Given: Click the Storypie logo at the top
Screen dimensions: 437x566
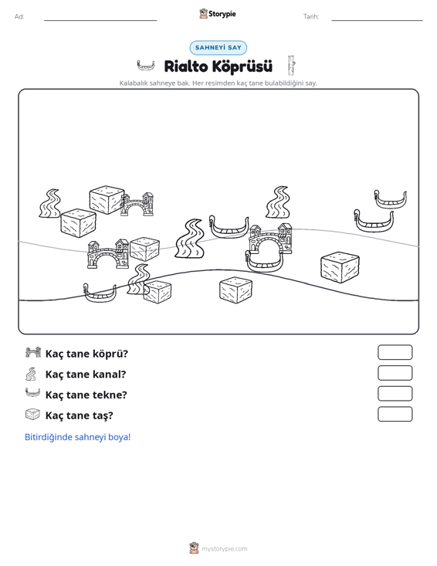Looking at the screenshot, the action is [218, 14].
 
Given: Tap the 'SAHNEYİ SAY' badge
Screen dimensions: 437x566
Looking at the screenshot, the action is [218, 48].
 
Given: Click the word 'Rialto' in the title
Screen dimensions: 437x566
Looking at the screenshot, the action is [185, 66].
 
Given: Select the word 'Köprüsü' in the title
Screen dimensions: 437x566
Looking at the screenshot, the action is [242, 66].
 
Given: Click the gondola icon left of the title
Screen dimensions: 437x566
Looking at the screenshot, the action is [146, 66].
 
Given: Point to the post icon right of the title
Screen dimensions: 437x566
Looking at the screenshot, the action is [291, 65].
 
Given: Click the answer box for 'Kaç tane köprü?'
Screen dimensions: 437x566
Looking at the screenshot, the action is [395, 352].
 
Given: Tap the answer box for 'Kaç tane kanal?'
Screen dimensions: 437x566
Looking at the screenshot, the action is [395, 373].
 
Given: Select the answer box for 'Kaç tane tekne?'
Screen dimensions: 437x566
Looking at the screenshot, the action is [395, 394].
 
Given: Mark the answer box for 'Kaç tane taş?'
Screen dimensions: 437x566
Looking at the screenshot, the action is [395, 414].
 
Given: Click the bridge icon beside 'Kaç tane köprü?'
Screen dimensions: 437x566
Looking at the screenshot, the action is [33, 352].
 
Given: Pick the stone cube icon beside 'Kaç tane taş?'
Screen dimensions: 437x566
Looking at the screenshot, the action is [32, 415].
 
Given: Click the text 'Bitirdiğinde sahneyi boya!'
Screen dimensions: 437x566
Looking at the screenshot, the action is [77, 437].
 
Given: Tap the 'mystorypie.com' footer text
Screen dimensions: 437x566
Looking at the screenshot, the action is [225, 549].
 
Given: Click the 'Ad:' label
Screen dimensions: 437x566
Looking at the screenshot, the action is [19, 17].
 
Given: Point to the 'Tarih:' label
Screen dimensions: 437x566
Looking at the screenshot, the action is [311, 17].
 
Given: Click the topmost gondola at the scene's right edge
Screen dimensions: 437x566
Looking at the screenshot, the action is [391, 199].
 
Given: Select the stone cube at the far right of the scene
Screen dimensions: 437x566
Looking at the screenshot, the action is [340, 267].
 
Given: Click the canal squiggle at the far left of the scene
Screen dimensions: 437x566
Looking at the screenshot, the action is [50, 203].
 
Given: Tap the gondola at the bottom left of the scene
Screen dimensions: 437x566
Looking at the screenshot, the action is [100, 293].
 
